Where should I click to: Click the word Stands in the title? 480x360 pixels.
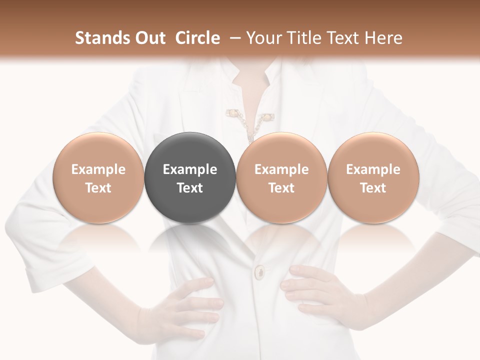[99, 38]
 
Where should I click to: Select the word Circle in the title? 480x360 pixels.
[197, 38]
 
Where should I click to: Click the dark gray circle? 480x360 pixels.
[190, 177]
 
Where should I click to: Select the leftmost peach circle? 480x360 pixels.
[98, 177]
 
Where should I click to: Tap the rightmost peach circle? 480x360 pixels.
[373, 177]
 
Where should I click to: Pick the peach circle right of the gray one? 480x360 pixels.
[281, 177]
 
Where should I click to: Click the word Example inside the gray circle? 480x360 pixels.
[190, 169]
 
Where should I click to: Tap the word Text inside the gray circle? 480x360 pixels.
[190, 188]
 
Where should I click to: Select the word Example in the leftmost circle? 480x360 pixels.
[98, 169]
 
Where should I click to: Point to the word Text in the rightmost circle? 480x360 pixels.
[373, 188]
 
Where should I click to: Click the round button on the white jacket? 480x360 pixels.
[260, 272]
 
